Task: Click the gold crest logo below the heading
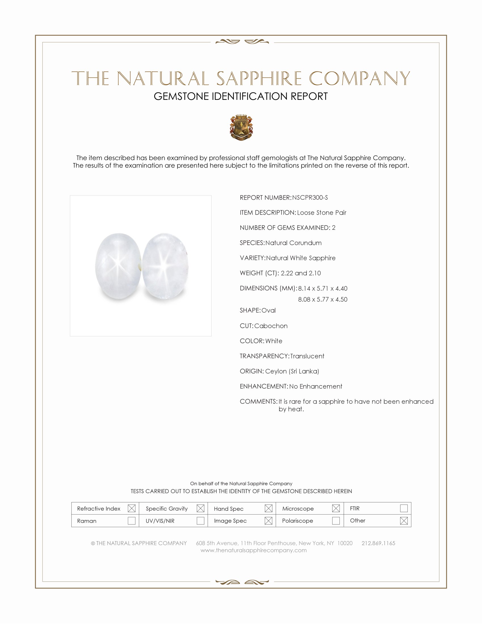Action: pos(241,127)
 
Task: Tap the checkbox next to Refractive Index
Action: pos(132,508)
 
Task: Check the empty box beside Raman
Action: pos(132,520)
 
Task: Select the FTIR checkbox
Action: pos(404,508)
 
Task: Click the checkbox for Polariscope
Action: pos(336,520)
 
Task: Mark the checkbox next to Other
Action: pos(404,520)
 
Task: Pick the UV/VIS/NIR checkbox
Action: pos(200,520)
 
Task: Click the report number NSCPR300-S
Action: pos(310,198)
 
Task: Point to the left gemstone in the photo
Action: pos(118,266)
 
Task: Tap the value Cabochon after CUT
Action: pos(271,326)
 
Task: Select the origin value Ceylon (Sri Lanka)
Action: pos(292,371)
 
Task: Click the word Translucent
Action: pos(307,356)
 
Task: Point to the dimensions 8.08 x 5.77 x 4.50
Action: pos(323,300)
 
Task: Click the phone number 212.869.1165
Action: pos(378,543)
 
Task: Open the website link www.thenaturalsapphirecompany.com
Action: pos(253,551)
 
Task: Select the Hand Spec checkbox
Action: pos(269,508)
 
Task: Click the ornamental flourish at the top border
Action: pos(242,42)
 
